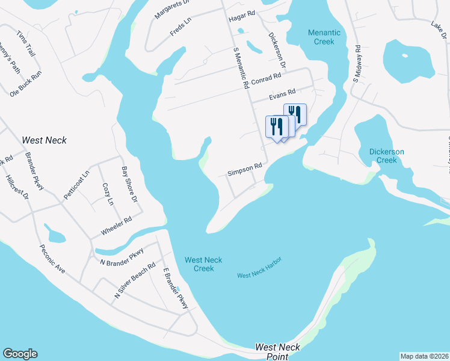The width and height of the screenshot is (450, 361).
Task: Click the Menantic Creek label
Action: [324, 37]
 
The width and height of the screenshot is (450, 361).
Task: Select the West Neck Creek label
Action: [203, 264]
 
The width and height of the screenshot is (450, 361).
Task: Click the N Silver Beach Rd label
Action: [135, 280]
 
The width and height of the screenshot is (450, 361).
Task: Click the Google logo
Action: [20, 354]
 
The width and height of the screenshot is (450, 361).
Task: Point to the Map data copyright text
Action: [424, 356]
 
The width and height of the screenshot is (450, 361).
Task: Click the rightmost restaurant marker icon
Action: [295, 114]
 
